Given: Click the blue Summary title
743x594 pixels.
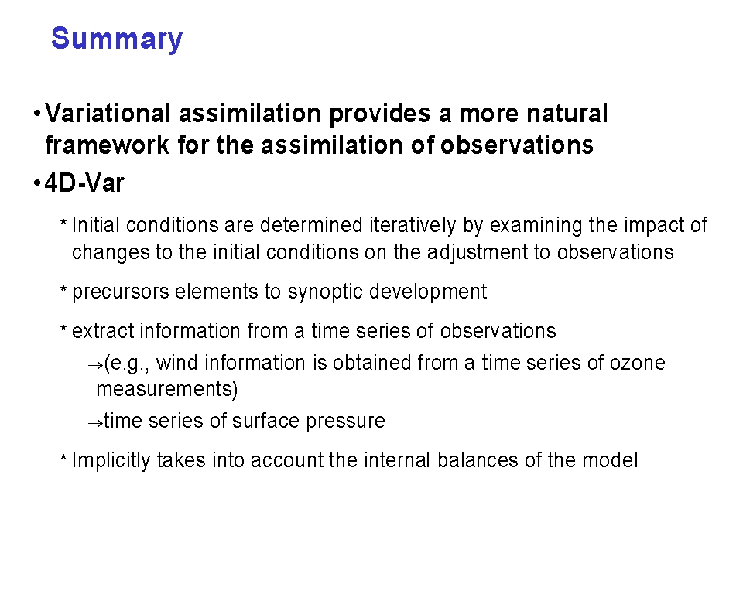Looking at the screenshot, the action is tap(117, 39).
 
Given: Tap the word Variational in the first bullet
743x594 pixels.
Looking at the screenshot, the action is tap(108, 113).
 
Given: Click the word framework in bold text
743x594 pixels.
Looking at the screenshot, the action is tap(107, 145).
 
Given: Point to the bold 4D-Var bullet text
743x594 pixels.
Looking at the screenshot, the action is tap(84, 183).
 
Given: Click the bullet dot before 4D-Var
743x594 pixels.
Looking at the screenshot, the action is tap(37, 183).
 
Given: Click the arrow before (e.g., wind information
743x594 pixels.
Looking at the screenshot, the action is tap(95, 366).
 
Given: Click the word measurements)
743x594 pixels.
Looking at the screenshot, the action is tap(167, 389).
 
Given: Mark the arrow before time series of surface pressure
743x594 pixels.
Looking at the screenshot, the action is tap(95, 423).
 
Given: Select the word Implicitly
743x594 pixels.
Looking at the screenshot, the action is tap(111, 460).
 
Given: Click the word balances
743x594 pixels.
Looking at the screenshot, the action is tap(478, 460).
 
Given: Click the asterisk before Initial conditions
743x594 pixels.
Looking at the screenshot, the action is tap(63, 222).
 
